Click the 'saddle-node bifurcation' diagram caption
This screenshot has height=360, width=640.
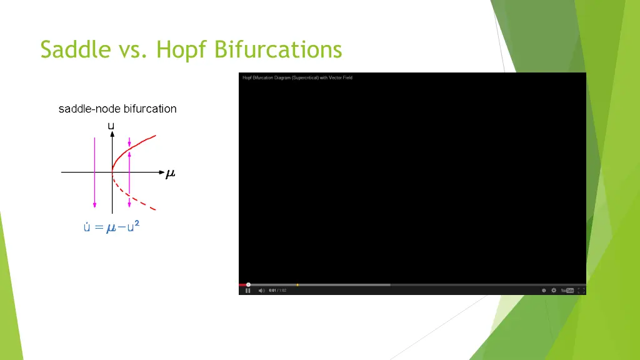click(x=117, y=109)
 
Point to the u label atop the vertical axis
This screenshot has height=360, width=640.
click(x=111, y=126)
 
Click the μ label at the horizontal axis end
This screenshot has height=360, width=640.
click(x=170, y=174)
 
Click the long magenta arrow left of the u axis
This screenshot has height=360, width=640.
click(x=94, y=172)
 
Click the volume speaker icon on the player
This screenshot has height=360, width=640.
click(x=261, y=290)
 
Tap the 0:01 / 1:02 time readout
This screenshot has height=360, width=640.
click(x=277, y=290)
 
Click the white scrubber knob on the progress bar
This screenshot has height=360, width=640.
click(x=248, y=285)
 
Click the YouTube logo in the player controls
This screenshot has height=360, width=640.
click(x=567, y=290)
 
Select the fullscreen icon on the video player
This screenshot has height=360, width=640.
click(x=581, y=290)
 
